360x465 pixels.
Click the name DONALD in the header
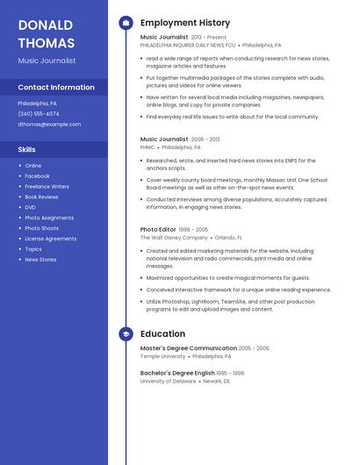tap(45, 25)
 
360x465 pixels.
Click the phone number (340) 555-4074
tap(39, 114)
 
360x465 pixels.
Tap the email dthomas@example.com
tap(49, 125)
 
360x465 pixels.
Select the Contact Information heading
tap(56, 88)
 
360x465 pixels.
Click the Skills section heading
tap(27, 149)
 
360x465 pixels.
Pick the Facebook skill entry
tap(37, 176)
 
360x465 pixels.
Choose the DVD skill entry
tap(31, 207)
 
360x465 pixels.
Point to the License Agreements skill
tap(50, 239)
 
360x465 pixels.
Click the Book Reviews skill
tap(41, 197)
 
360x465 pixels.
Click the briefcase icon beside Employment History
tap(126, 23)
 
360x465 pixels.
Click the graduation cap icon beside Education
tap(126, 334)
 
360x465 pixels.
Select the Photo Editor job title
tap(158, 230)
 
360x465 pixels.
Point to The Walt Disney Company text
tap(174, 238)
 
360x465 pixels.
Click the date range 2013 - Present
tap(208, 38)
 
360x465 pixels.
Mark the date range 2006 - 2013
tap(205, 139)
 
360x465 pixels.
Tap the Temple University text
tap(162, 357)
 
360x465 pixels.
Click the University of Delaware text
tap(168, 382)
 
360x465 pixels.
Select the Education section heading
tap(162, 334)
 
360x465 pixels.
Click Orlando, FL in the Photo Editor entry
tap(228, 238)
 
